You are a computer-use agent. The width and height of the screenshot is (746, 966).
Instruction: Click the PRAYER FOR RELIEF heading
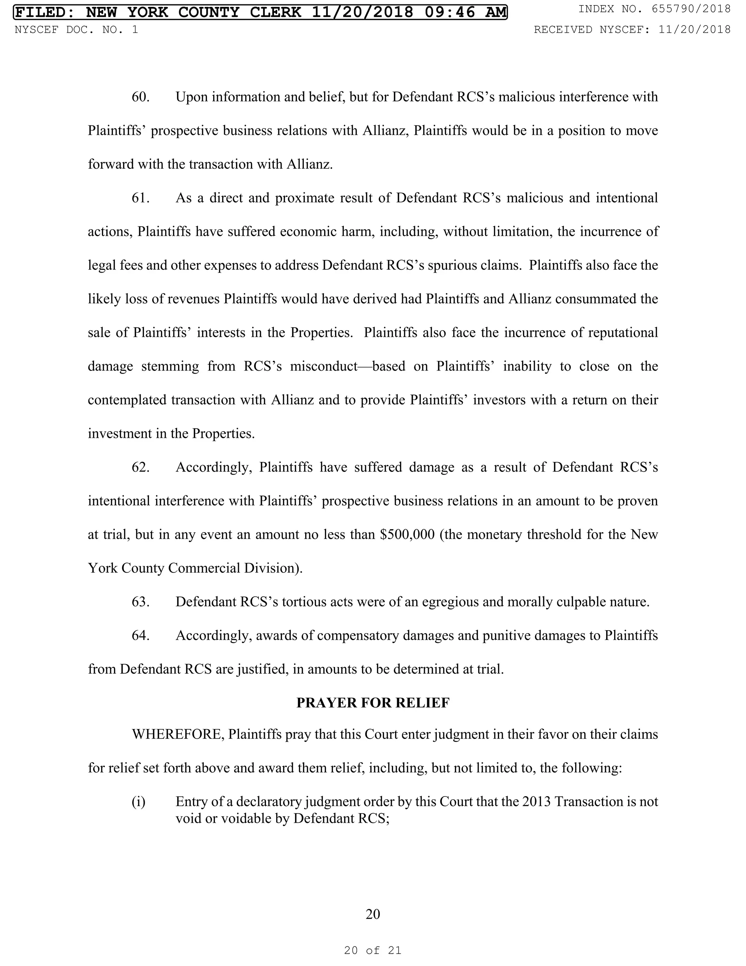point(373,703)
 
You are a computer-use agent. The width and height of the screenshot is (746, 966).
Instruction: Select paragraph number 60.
point(141,97)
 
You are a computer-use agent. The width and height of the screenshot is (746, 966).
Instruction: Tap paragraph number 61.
point(141,198)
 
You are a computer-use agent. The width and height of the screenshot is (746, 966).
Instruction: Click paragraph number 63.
point(141,602)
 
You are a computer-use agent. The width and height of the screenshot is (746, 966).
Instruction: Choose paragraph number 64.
point(141,636)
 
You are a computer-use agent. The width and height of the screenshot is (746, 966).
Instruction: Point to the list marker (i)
point(138,802)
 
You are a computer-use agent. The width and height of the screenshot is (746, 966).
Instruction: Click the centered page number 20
point(373,914)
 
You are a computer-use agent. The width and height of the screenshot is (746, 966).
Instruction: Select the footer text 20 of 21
point(373,950)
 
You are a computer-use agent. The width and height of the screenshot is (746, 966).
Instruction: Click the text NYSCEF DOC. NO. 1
point(76,30)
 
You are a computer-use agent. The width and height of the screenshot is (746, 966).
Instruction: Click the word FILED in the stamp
point(42,12)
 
